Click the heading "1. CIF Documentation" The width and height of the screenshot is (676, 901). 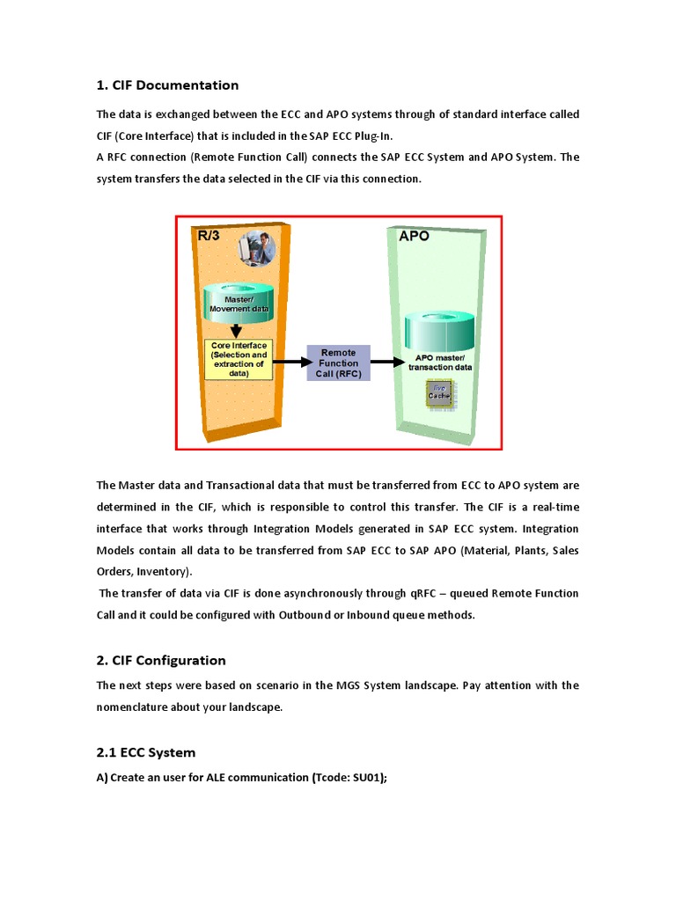coord(167,85)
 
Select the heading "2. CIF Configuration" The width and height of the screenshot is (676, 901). coord(161,661)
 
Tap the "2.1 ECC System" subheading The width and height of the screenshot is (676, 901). coord(146,753)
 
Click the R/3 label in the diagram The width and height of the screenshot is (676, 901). coord(209,236)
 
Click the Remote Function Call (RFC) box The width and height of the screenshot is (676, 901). coord(338,363)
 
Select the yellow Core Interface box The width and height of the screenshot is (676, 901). coord(239,359)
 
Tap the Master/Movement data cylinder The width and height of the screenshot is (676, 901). coord(239,303)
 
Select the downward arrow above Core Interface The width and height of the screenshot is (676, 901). coord(236,330)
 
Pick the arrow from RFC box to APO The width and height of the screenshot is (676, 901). coord(386,361)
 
